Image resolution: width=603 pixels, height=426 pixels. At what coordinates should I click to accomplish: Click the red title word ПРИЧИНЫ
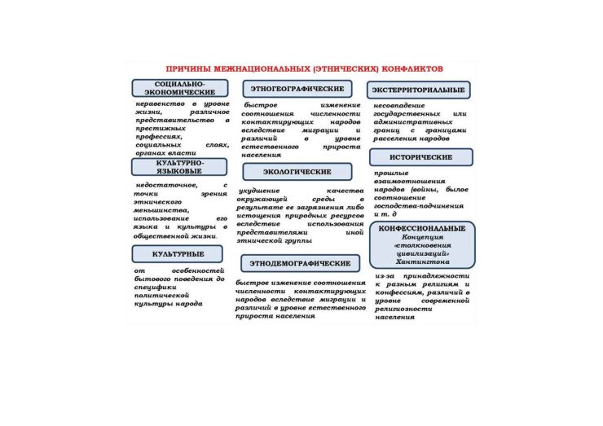coord(183,71)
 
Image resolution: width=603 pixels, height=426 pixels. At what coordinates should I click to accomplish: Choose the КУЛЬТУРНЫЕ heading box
coord(178,255)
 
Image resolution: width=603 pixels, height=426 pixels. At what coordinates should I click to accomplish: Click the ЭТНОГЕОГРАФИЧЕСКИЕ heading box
coord(297,89)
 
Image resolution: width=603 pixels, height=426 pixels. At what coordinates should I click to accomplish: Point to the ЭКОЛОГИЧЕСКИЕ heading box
coord(297,172)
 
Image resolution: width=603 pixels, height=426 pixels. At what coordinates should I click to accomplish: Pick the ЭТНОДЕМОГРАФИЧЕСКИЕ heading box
coord(301,264)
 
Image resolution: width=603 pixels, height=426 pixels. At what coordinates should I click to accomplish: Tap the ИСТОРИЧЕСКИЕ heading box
coord(420,156)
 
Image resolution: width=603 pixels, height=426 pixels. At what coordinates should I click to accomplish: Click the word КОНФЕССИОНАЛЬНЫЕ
coord(422,228)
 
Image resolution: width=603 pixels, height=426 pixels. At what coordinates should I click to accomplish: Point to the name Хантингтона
coord(420,262)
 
